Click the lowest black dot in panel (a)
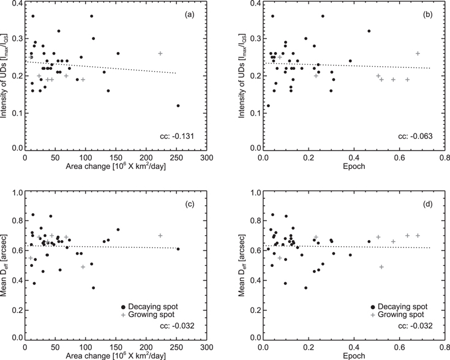click(178, 105)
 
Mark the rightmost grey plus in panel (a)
click(160, 53)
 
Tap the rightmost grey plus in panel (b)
click(418, 53)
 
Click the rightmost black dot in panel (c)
click(178, 249)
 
